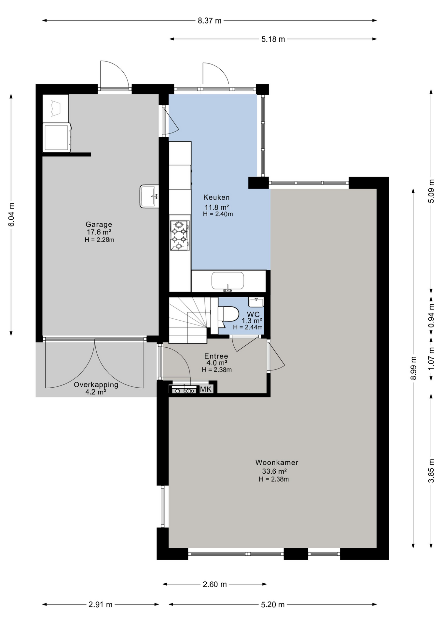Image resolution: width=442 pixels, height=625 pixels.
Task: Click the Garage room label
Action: [x=99, y=224]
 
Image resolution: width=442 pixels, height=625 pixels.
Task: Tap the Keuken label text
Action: [x=216, y=197]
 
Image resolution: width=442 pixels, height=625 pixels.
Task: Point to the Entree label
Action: [x=216, y=356]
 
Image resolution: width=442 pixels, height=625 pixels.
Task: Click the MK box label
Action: [x=206, y=389]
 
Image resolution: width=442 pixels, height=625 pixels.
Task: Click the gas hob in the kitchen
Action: [x=180, y=235]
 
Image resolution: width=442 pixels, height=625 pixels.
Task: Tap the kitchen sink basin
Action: [x=228, y=281]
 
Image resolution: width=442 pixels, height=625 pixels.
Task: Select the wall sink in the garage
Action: [x=149, y=196]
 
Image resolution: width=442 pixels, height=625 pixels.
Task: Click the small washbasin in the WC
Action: [x=256, y=302]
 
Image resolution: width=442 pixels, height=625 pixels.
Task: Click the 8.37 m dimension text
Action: [x=210, y=21]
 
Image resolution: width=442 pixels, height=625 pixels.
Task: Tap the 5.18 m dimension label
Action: [x=273, y=39]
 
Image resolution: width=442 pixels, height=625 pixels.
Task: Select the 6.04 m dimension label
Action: [x=11, y=215]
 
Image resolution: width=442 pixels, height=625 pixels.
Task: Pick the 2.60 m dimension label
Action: [x=214, y=584]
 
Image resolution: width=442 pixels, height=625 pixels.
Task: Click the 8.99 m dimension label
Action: [x=413, y=368]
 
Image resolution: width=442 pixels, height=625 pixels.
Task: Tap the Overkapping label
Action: [x=96, y=384]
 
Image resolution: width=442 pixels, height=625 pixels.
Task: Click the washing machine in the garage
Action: [x=57, y=137]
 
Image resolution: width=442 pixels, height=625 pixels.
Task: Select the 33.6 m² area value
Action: [x=274, y=471]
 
